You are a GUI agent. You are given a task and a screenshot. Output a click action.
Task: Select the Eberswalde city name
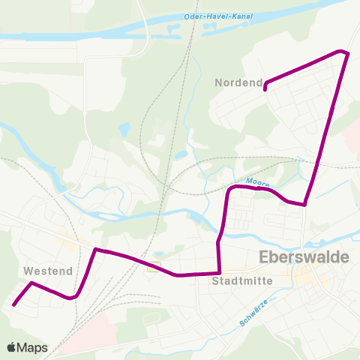coord(303,257)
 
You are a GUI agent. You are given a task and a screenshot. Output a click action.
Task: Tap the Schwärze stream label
coord(253,311)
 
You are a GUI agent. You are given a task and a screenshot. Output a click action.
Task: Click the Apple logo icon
coord(11,347)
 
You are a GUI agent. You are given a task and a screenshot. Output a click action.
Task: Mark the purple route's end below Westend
coord(13,304)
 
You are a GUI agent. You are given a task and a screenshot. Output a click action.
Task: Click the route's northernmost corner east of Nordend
coord(346,52)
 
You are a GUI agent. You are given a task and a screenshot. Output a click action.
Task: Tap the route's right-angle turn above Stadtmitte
coord(219,273)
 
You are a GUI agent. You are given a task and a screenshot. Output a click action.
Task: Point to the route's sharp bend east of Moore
coord(304,204)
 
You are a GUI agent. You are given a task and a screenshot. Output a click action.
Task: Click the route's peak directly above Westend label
coord(31,283)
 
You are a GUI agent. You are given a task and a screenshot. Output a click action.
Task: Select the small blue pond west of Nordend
coord(124,129)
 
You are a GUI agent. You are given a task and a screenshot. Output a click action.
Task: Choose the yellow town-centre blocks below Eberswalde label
coord(307,280)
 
